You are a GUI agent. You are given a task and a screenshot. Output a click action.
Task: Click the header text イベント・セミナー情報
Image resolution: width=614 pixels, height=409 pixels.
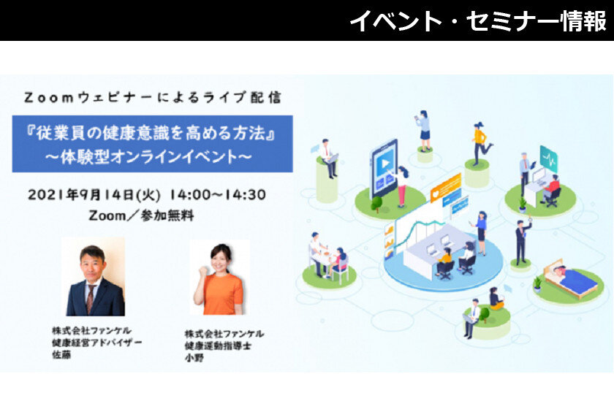coord(478,20)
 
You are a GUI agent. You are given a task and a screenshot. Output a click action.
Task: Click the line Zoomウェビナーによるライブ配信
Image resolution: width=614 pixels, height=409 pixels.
coord(153,97)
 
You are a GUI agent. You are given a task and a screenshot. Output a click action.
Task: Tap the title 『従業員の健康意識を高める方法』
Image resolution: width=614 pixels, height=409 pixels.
coord(151,134)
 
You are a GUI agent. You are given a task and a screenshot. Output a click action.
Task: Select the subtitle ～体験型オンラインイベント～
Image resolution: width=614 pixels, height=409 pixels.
coord(148,156)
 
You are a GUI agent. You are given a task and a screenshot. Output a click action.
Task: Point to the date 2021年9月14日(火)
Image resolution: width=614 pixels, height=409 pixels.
coord(94,195)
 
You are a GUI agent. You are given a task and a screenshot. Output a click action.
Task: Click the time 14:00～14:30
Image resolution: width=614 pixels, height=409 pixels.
coord(218,195)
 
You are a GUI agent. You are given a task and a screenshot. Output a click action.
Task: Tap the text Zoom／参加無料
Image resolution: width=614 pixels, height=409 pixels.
coord(141,215)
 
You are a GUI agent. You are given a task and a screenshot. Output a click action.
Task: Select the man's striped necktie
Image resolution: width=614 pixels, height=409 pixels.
coord(91,298)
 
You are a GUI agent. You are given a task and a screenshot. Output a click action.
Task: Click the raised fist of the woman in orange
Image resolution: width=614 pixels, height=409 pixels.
coord(202,270)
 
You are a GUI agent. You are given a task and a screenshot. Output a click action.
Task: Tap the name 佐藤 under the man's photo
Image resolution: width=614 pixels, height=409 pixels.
coord(61,355)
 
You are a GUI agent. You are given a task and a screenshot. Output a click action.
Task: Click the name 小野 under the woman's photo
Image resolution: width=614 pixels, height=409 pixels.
coord(194,357)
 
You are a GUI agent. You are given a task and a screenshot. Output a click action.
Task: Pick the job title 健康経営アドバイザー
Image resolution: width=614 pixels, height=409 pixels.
coord(96,343)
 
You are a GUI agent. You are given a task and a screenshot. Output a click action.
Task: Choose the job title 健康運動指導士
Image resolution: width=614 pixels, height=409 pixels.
coord(218,345)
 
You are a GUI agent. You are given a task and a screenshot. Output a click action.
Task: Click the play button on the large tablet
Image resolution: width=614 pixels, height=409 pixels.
coord(385,164)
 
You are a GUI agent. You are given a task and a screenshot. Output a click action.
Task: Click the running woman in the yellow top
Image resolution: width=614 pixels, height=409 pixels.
coord(481,143)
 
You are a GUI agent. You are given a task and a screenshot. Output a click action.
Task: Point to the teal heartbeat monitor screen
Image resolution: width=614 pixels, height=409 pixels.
coord(549,158)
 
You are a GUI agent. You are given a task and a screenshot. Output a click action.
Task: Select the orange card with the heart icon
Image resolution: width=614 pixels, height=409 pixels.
coord(446,188)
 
